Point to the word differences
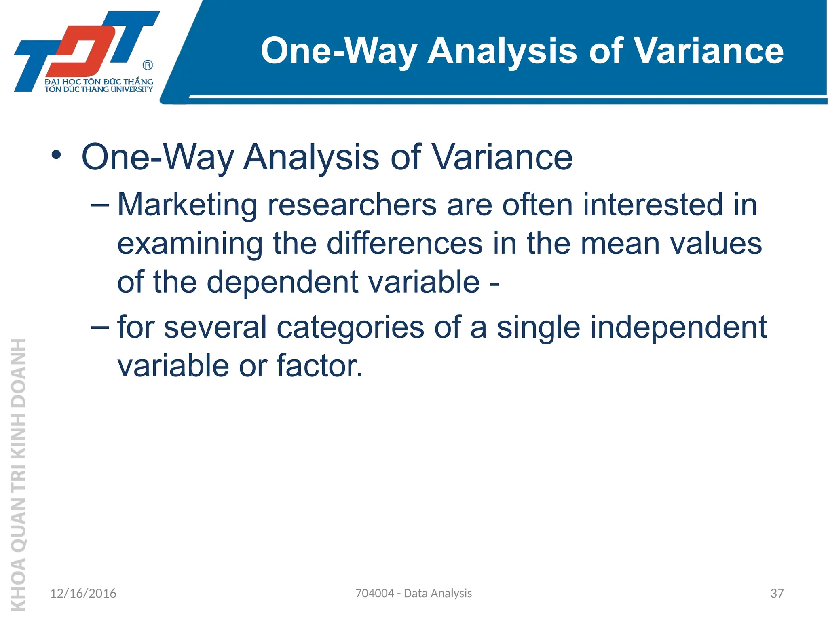404,244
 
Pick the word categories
350,327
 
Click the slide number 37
777,594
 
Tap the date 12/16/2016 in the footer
83,594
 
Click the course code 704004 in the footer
374,594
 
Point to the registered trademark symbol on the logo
148,65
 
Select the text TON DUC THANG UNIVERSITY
99,89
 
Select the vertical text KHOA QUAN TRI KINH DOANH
19,473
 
